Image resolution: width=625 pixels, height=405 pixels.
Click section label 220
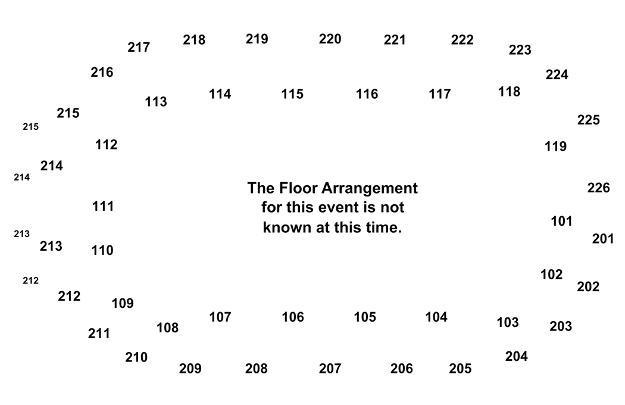click(x=330, y=39)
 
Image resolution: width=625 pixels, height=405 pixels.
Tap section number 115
click(x=292, y=94)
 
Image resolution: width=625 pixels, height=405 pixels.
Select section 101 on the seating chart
click(x=562, y=221)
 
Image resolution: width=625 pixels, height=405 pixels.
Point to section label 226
click(x=599, y=188)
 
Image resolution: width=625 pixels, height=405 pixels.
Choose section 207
click(x=330, y=369)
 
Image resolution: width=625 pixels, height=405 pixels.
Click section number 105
click(x=365, y=317)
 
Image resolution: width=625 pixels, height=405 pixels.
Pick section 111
click(x=103, y=207)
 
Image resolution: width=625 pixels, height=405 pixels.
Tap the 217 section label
click(x=139, y=48)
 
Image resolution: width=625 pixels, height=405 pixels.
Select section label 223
click(x=520, y=50)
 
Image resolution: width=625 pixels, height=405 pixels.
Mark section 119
click(x=555, y=147)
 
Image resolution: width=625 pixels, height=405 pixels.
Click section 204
click(x=517, y=356)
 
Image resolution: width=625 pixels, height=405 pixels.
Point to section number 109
click(x=123, y=304)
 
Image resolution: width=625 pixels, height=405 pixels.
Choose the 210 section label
click(x=136, y=357)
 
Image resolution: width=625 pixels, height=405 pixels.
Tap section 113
click(x=156, y=102)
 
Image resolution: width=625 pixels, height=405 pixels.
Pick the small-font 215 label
click(x=31, y=127)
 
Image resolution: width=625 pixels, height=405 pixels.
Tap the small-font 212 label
click(x=31, y=281)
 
